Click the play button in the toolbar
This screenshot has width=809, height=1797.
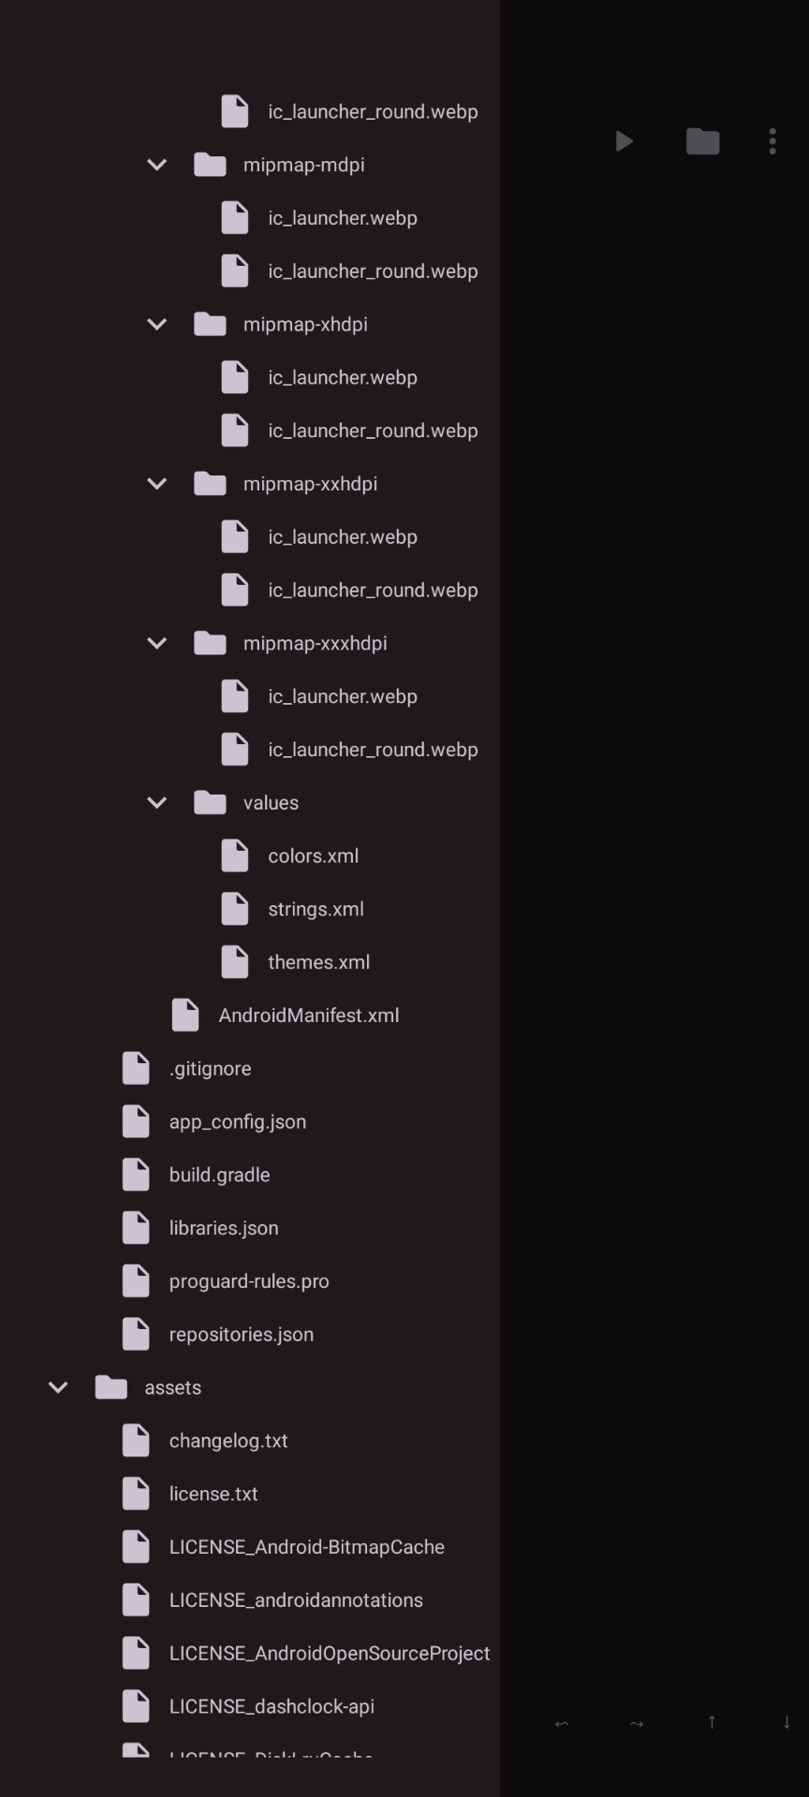pyautogui.click(x=625, y=141)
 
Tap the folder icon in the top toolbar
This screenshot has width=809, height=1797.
pyautogui.click(x=702, y=141)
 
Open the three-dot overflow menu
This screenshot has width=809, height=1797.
pyautogui.click(x=772, y=141)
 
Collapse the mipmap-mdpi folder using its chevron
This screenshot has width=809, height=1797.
pyautogui.click(x=157, y=165)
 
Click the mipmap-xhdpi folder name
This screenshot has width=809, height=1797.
pyautogui.click(x=305, y=325)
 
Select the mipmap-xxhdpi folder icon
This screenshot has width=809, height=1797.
pyautogui.click(x=210, y=484)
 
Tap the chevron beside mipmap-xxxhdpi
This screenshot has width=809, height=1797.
pyautogui.click(x=157, y=643)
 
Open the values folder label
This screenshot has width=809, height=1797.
pyautogui.click(x=271, y=803)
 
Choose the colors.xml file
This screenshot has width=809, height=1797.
pyautogui.click(x=313, y=856)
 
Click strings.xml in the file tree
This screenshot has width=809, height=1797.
pyautogui.click(x=316, y=910)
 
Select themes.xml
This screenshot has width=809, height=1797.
pyautogui.click(x=318, y=962)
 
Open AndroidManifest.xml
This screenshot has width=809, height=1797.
pyautogui.click(x=308, y=1015)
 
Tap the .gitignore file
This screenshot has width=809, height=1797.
pyautogui.click(x=210, y=1069)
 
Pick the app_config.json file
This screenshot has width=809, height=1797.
pyautogui.click(x=237, y=1122)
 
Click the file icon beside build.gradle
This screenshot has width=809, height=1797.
pyautogui.click(x=136, y=1175)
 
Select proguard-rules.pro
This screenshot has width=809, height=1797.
pyautogui.click(x=249, y=1281)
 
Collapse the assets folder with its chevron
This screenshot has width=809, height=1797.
pyautogui.click(x=58, y=1387)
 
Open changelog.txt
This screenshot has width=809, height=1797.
pyautogui.click(x=228, y=1441)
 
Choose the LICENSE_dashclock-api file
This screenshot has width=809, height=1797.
pyautogui.click(x=272, y=1707)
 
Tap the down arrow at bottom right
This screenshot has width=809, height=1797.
pyautogui.click(x=787, y=1722)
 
